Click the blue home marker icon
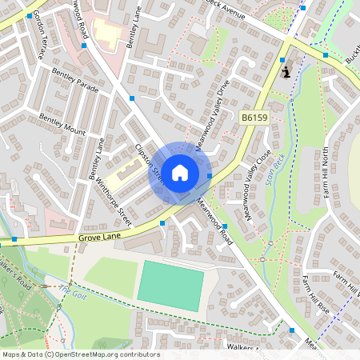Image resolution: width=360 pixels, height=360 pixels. click(x=180, y=172)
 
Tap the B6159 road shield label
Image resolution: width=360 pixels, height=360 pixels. click(x=254, y=118)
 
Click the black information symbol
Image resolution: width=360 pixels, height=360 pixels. click(x=286, y=72)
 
